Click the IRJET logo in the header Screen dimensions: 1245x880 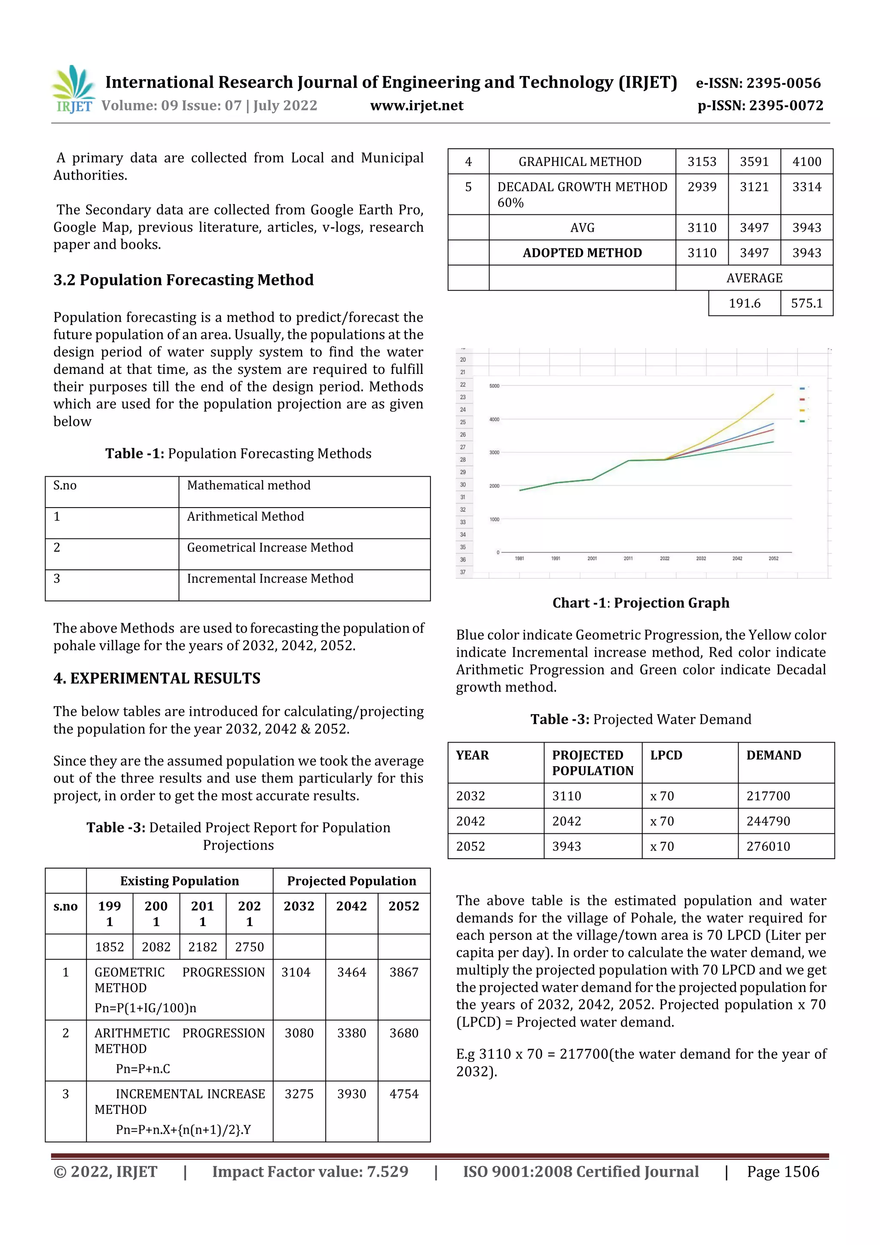pyautogui.click(x=73, y=89)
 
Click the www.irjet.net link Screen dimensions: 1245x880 pyautogui.click(x=416, y=106)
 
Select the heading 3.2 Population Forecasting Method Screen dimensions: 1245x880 pyautogui.click(x=183, y=280)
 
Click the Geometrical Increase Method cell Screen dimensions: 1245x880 pyautogui.click(x=270, y=548)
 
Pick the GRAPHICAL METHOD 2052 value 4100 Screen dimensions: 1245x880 pyautogui.click(x=806, y=162)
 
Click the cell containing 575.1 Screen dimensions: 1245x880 pyautogui.click(x=806, y=303)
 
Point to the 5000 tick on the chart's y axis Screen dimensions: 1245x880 pyautogui.click(x=494, y=386)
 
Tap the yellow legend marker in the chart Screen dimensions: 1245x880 pyautogui.click(x=802, y=410)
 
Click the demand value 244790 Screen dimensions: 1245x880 pyautogui.click(x=768, y=821)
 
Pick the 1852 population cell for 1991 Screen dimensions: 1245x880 pyautogui.click(x=110, y=947)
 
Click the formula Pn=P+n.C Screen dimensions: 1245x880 pyautogui.click(x=143, y=1069)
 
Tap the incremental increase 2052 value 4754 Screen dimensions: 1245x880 pyautogui.click(x=403, y=1094)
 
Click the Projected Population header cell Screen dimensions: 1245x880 pyautogui.click(x=351, y=881)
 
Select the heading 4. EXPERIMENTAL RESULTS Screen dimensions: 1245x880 pyautogui.click(x=157, y=678)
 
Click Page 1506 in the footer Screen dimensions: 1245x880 pyautogui.click(x=782, y=1172)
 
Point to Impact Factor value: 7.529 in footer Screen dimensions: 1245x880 pyautogui.click(x=310, y=1172)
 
